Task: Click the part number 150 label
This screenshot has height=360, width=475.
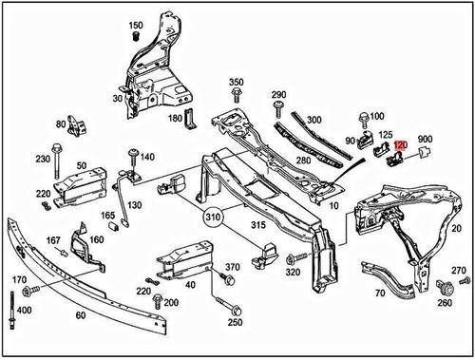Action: click(136, 25)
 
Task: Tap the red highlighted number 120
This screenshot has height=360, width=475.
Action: click(400, 146)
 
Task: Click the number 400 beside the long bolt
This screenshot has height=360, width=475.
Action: click(24, 312)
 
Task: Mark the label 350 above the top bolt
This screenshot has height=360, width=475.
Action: click(236, 83)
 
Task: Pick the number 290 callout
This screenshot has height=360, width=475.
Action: click(278, 95)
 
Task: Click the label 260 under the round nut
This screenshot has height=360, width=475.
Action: click(445, 304)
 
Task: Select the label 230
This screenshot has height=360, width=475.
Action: click(42, 160)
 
